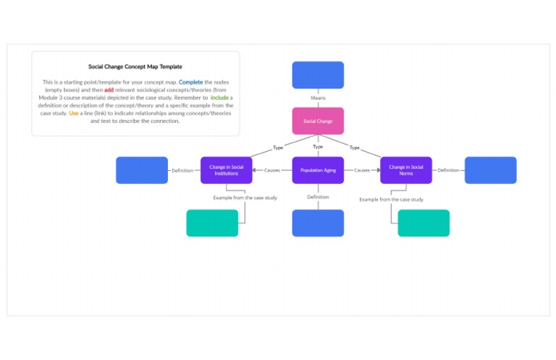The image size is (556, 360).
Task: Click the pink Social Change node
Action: coord(318,121)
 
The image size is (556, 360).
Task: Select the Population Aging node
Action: coord(318,170)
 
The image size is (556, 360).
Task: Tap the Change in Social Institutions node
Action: coord(226,170)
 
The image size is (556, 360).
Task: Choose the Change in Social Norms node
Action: coord(405,170)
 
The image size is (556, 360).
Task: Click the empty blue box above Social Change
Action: coord(318,75)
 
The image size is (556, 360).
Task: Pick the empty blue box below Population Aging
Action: coord(318,223)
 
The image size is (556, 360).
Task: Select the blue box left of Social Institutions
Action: coord(142,170)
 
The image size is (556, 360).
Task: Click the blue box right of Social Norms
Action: coord(490,170)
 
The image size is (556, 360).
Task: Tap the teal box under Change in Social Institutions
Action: coord(212,223)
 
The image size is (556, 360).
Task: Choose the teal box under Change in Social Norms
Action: coord(424,223)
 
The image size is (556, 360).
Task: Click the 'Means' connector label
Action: coord(318,98)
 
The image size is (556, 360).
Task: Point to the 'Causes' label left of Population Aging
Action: coord(272,170)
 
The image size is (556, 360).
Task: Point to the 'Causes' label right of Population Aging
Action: coord(362,170)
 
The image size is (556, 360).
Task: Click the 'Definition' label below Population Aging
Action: coord(318,197)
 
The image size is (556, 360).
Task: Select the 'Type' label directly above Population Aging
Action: coord(318,147)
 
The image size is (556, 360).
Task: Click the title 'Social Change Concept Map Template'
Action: coord(135,67)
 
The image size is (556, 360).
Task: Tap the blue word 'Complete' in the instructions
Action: coord(191,83)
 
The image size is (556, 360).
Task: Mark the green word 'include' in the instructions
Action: coord(219,98)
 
